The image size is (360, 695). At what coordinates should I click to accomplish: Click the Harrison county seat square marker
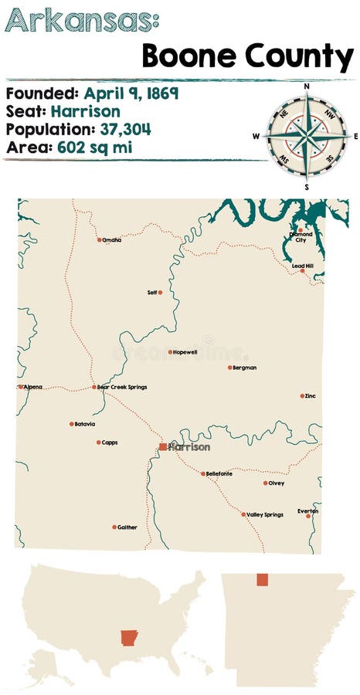[x=162, y=446]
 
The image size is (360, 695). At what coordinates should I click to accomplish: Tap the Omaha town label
[x=113, y=240]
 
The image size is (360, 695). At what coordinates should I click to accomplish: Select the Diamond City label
[x=301, y=236]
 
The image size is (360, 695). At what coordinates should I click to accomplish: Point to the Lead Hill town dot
[x=302, y=271]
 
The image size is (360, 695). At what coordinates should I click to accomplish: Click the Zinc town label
[x=311, y=395]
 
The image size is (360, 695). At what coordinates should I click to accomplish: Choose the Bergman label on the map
[x=245, y=368]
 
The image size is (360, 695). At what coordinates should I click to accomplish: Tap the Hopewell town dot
[x=171, y=352]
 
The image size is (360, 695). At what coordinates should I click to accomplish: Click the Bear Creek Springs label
[x=122, y=387]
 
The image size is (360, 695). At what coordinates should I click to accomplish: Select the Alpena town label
[x=33, y=386]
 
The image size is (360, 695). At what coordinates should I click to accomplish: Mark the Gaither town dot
[x=114, y=527]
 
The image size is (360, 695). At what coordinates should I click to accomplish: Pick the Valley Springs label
[x=265, y=514]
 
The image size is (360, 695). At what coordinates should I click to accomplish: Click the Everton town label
[x=307, y=510]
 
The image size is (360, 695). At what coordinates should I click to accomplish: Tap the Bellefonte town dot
[x=203, y=473]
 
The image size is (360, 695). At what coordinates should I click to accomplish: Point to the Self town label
[x=151, y=293]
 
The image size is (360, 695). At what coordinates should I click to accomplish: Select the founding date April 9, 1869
[x=131, y=93]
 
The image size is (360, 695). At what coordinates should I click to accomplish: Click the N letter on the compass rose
[x=307, y=86]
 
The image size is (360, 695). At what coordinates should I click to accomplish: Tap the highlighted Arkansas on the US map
[x=129, y=638]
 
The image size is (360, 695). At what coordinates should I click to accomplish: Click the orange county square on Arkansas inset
[x=262, y=579]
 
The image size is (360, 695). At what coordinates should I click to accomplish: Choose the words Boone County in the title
[x=247, y=56]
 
